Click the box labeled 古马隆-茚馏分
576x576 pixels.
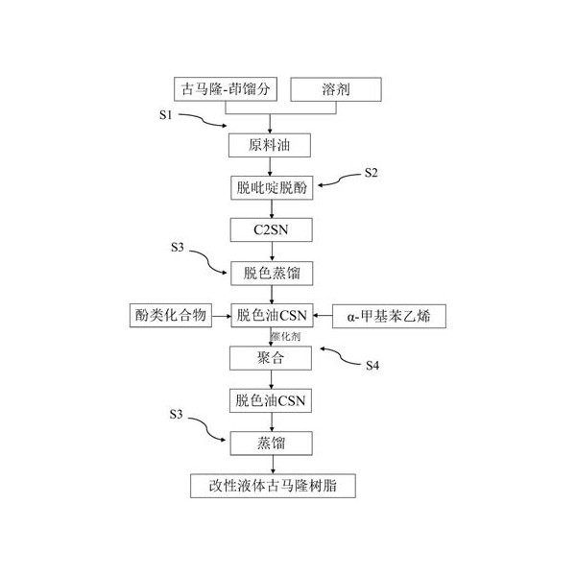[226, 89]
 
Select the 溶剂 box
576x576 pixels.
[336, 89]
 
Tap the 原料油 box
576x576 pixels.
[269, 146]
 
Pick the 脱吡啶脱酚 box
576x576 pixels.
[272, 188]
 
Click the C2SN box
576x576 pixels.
[271, 230]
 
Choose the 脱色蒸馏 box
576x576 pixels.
[272, 274]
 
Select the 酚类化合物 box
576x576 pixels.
[171, 315]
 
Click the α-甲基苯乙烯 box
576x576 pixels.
[389, 316]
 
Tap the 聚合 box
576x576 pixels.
[271, 358]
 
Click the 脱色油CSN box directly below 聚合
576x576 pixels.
[271, 400]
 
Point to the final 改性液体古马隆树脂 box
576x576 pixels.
[273, 486]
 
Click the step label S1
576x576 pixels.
[166, 115]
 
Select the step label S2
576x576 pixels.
[371, 173]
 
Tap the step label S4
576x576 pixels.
[372, 365]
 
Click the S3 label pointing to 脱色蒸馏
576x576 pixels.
[178, 248]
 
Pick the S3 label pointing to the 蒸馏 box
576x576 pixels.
[176, 415]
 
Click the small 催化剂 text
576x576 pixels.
[286, 336]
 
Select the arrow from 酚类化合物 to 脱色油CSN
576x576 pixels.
[222, 316]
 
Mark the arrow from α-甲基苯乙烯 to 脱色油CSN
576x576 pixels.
[323, 316]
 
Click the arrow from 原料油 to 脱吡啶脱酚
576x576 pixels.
[270, 167]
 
